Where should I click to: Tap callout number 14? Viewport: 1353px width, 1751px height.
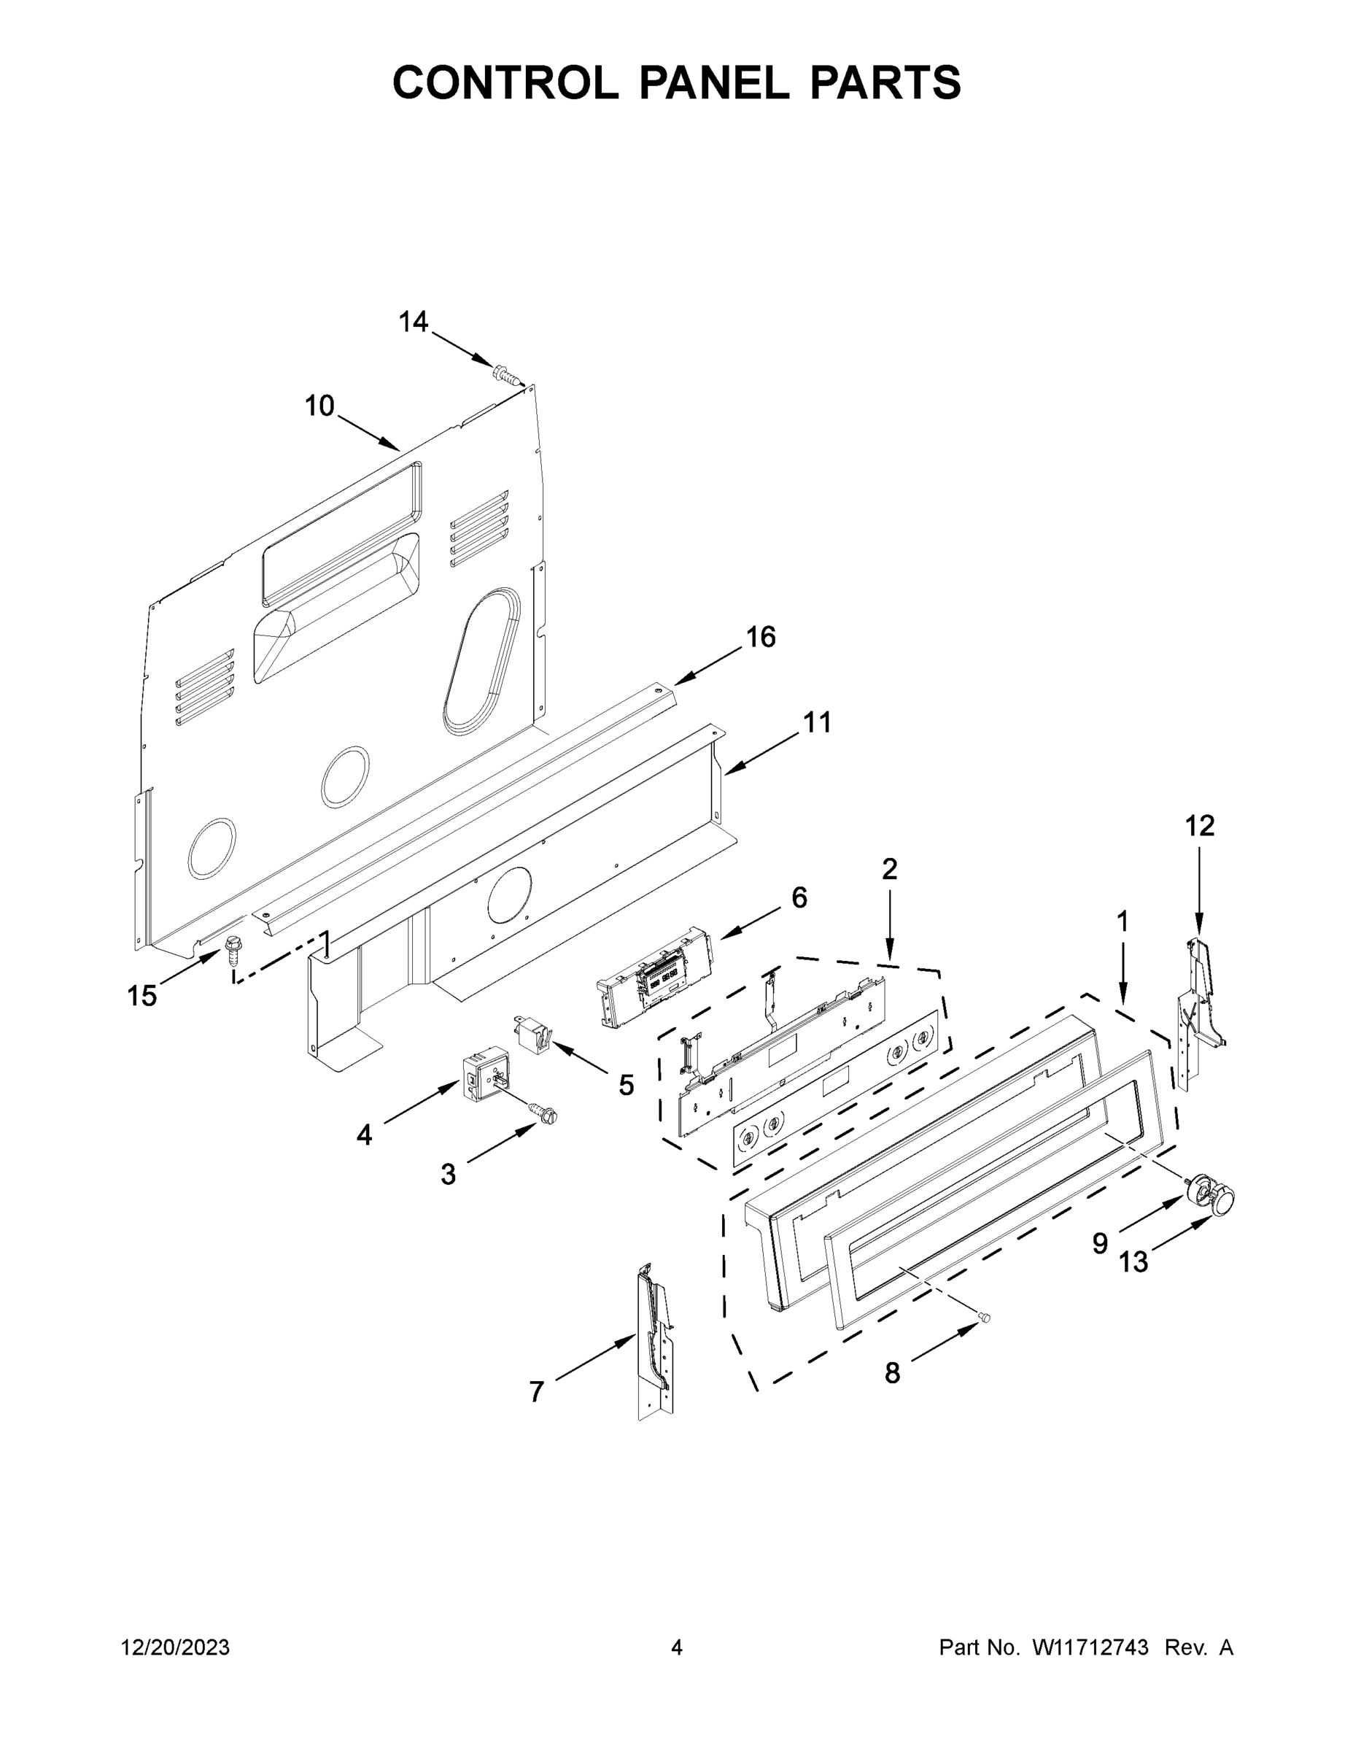(413, 322)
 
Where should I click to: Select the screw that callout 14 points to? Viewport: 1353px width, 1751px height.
(504, 373)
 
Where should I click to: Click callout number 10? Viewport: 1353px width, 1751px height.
(319, 406)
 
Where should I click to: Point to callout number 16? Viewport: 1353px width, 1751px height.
(761, 637)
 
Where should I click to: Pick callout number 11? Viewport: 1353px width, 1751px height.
(817, 722)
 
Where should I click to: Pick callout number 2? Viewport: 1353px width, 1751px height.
(889, 868)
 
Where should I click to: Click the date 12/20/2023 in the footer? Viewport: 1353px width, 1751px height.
(175, 1647)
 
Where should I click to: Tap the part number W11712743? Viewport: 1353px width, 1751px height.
(1090, 1647)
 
